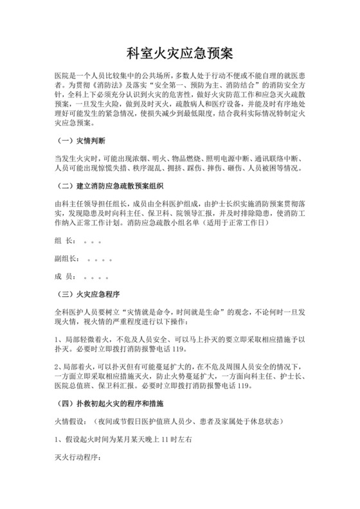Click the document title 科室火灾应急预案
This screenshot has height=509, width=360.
tap(179, 51)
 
